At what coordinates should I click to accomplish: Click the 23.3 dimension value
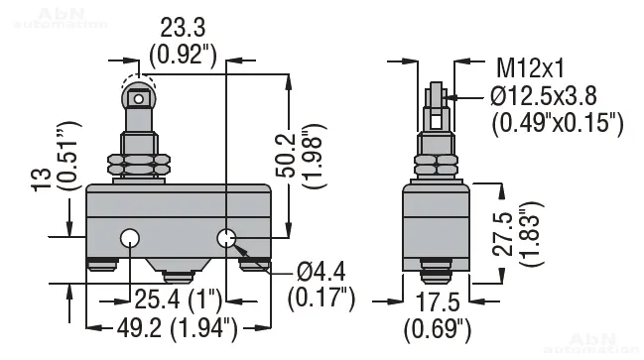(x=183, y=29)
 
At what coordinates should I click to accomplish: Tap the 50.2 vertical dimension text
(x=286, y=155)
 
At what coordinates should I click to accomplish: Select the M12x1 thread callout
(x=530, y=68)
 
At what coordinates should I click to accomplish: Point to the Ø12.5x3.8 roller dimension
(x=544, y=96)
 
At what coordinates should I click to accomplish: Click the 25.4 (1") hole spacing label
(x=179, y=300)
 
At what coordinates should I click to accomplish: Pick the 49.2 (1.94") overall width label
(x=178, y=329)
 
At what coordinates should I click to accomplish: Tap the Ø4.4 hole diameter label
(x=322, y=272)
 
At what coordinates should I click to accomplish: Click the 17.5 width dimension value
(x=438, y=302)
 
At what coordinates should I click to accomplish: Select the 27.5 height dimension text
(x=504, y=235)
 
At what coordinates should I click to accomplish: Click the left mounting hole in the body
(x=130, y=238)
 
